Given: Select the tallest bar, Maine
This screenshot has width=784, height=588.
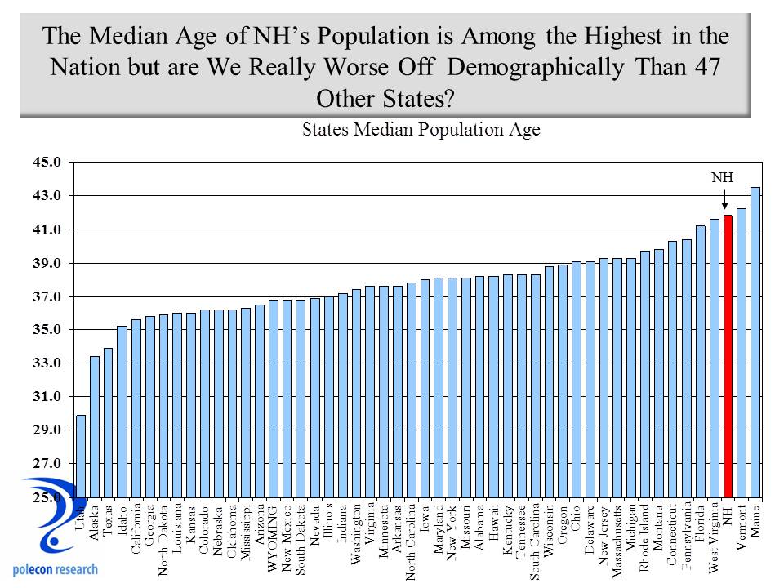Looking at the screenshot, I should pos(755,343).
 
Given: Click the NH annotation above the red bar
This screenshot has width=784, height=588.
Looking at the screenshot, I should pos(722,177).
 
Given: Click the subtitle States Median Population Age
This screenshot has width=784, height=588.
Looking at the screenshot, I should pos(421,130).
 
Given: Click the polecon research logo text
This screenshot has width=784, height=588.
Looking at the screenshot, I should pos(56,569).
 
